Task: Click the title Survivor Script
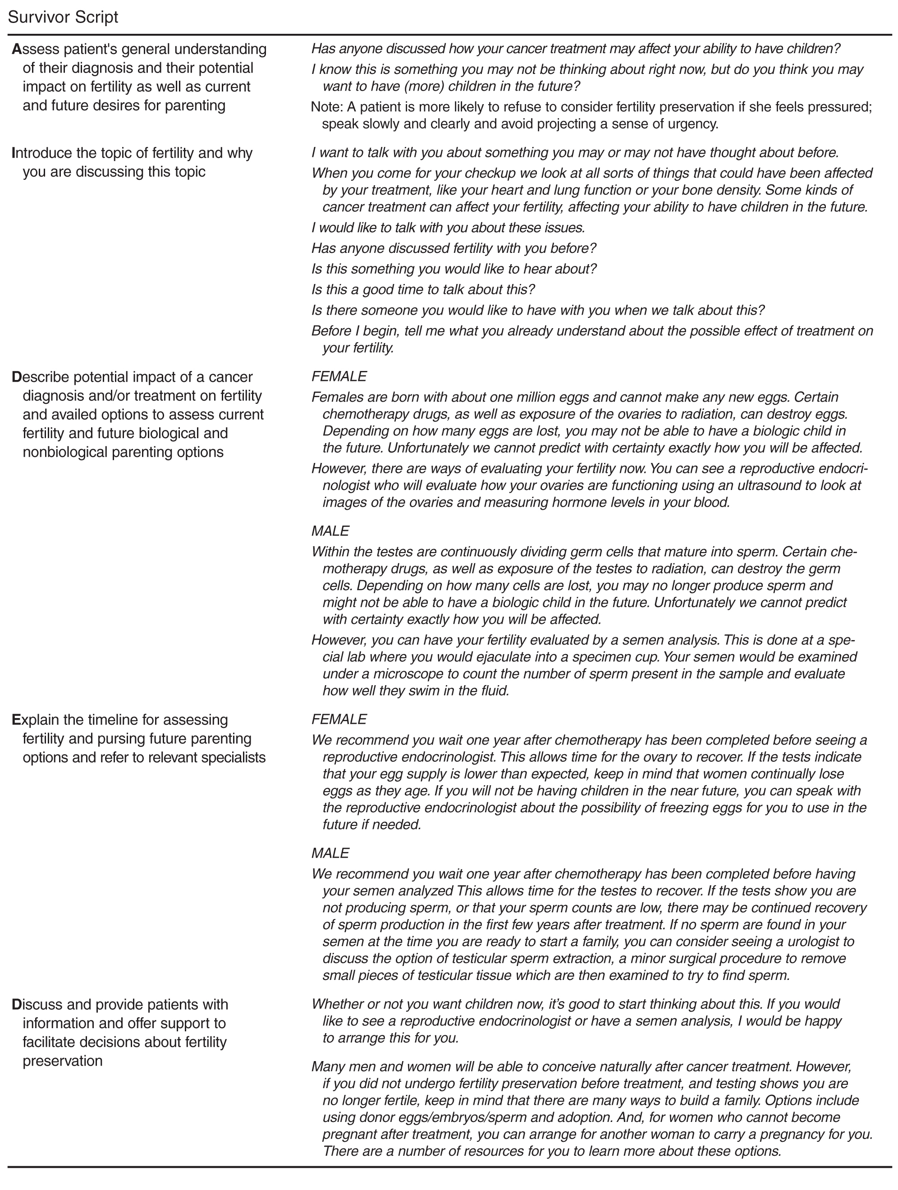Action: pyautogui.click(x=63, y=17)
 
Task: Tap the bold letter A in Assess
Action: pyautogui.click(x=17, y=50)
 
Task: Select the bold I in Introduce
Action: pyautogui.click(x=14, y=153)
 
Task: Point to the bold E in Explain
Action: pyautogui.click(x=16, y=720)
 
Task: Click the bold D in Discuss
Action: pyautogui.click(x=17, y=1004)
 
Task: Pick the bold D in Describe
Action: pyautogui.click(x=17, y=377)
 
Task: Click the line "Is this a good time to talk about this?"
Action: pyautogui.click(x=423, y=290)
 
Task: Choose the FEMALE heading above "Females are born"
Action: pyautogui.click(x=339, y=376)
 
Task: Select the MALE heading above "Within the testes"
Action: pyautogui.click(x=330, y=531)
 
